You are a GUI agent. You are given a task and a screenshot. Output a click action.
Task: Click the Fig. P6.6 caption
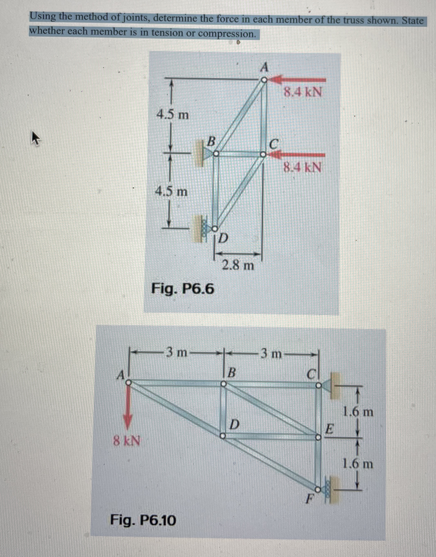click(x=183, y=289)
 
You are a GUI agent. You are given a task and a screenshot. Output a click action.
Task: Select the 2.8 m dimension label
click(x=238, y=266)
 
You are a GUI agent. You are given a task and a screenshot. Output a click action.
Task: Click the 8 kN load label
click(x=127, y=441)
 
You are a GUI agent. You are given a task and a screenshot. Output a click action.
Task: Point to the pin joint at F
click(x=317, y=489)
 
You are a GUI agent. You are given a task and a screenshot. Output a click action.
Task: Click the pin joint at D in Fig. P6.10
click(x=223, y=436)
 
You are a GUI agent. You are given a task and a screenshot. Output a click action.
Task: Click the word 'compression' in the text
click(x=227, y=34)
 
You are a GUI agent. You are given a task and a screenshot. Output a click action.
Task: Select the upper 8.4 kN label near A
click(x=303, y=92)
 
